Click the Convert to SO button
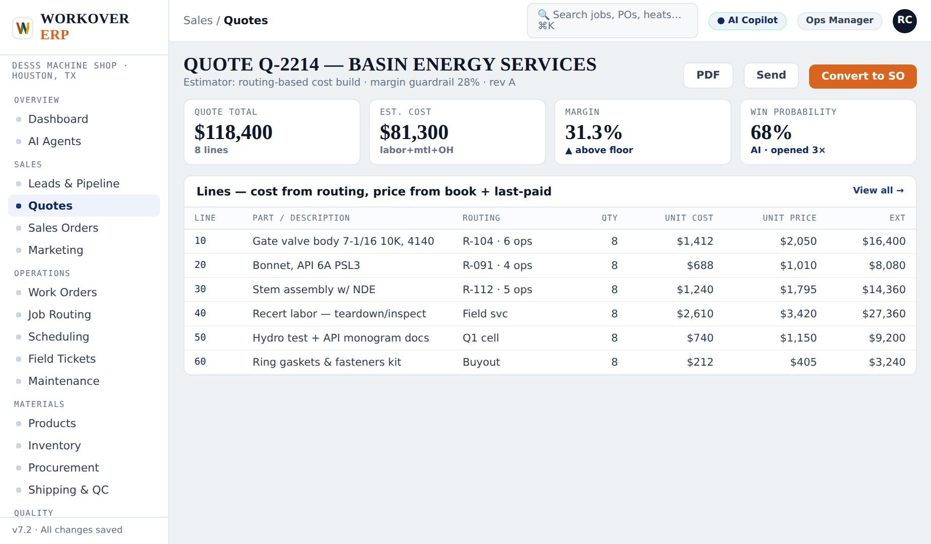coord(862,76)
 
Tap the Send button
coord(771,75)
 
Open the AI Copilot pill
coord(747,21)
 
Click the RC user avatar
coord(904,21)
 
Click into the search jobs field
coord(612,21)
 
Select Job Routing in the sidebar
coord(59,314)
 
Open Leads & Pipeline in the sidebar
coord(74,183)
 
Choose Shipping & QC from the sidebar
coord(68,490)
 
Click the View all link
coord(878,190)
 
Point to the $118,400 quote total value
coord(233,132)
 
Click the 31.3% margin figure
coord(593,132)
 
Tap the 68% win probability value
coord(771,132)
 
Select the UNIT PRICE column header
coord(789,218)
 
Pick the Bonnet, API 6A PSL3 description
coord(306,265)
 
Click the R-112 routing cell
coord(497,290)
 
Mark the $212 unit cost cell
coord(700,362)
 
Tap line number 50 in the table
coord(200,337)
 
